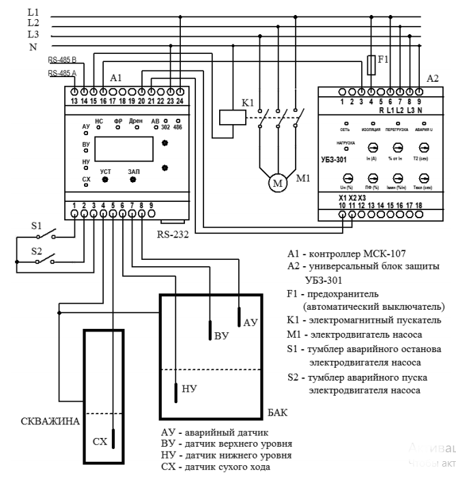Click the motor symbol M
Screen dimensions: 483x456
point(278,183)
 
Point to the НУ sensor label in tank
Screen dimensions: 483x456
point(190,389)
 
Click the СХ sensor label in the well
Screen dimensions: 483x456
point(99,441)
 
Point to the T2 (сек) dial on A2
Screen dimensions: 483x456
point(424,147)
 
